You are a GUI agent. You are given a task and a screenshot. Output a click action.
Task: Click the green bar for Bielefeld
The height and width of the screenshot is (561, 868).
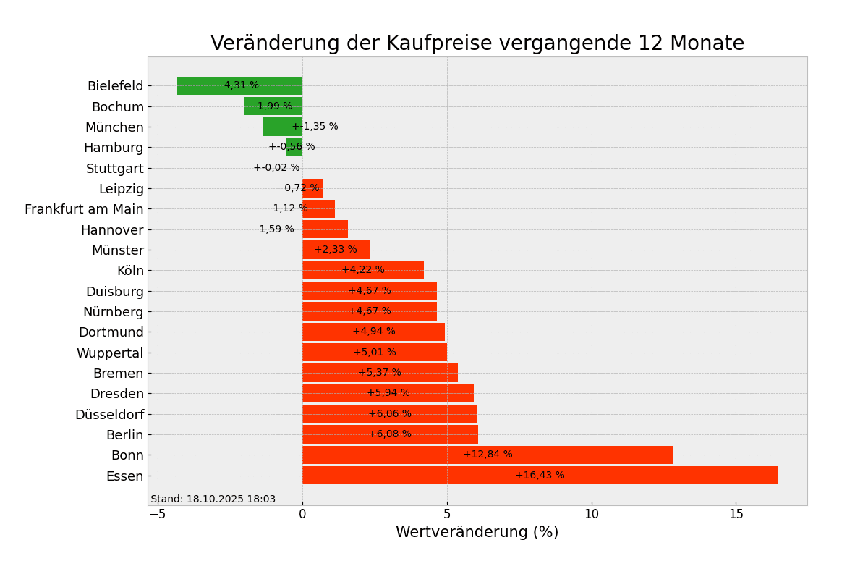pyautogui.click(x=199, y=85)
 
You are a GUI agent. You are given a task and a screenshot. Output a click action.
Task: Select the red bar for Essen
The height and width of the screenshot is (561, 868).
pyautogui.click(x=651, y=476)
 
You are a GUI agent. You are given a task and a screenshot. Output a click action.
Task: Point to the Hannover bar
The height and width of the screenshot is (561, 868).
pyautogui.click(x=325, y=229)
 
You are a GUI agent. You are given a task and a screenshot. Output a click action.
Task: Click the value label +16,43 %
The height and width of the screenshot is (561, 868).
pyautogui.click(x=540, y=476)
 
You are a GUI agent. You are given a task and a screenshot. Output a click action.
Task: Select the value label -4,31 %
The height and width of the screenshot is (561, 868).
pyautogui.click(x=239, y=85)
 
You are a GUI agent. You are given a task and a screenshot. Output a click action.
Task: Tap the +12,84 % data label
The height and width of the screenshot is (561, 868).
pyautogui.click(x=488, y=455)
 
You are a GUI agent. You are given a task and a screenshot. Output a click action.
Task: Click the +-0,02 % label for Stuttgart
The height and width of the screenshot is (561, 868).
pyautogui.click(x=276, y=168)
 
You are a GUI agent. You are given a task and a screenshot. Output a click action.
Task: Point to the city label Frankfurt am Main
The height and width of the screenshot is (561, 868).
pyautogui.click(x=84, y=209)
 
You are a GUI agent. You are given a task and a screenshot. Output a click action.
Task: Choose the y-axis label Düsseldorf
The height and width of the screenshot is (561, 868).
pyautogui.click(x=109, y=415)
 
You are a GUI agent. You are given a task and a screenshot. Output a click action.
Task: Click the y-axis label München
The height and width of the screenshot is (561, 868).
pyautogui.click(x=114, y=127)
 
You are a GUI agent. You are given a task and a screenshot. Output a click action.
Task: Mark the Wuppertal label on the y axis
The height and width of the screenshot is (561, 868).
pyautogui.click(x=110, y=353)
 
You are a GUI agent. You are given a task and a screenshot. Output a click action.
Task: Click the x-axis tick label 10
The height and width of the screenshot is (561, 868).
pyautogui.click(x=591, y=515)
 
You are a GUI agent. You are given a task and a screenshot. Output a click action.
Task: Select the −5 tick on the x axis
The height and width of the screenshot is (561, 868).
pyautogui.click(x=158, y=515)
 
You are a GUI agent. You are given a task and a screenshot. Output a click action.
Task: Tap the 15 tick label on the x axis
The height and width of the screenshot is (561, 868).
pyautogui.click(x=736, y=515)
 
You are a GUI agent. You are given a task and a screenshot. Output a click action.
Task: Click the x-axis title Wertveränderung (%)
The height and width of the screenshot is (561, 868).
pyautogui.click(x=477, y=533)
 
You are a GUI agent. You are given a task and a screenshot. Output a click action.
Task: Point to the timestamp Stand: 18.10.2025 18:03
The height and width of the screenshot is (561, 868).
pyautogui.click(x=213, y=499)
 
